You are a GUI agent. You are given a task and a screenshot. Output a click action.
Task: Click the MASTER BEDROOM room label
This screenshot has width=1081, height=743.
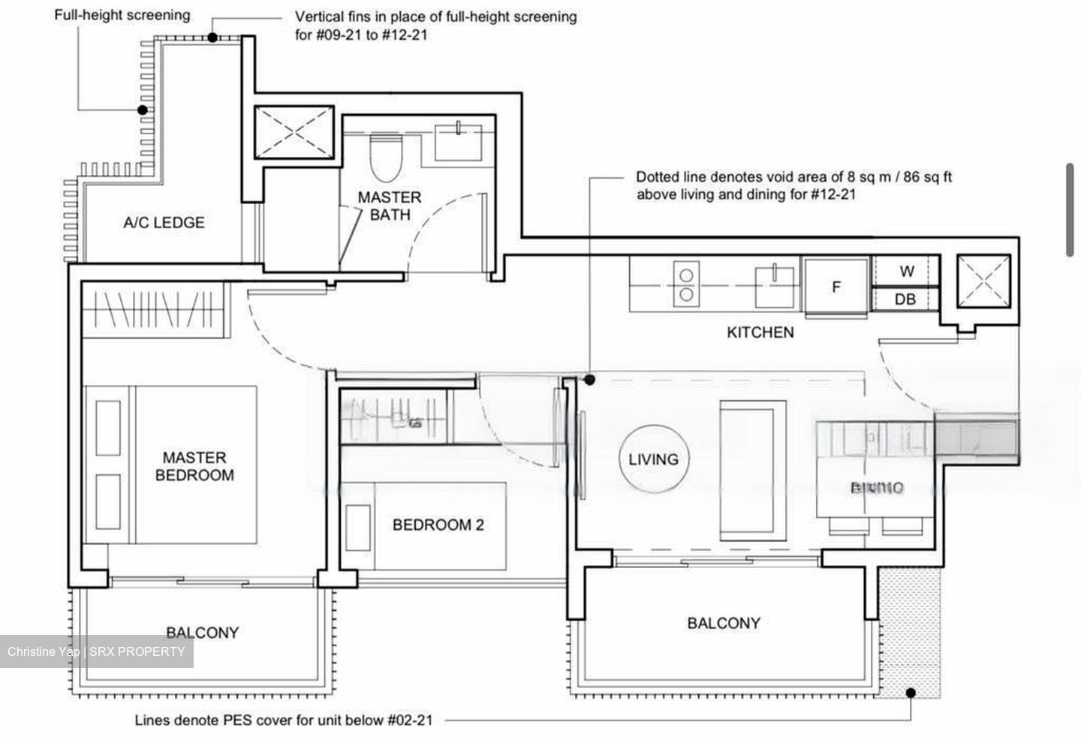pos(194,466)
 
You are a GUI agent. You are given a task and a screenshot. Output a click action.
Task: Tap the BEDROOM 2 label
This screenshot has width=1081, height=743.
pos(438,525)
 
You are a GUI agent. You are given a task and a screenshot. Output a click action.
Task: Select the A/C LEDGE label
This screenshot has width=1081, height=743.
pos(164,222)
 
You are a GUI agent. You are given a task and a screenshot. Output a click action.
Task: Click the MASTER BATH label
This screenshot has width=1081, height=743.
pos(389,206)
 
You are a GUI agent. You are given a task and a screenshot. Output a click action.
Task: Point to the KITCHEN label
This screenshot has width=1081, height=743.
pos(760,332)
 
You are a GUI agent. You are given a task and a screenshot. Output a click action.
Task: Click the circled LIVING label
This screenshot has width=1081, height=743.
pos(653,459)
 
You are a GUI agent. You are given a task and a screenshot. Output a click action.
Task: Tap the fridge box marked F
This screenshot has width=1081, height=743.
pos(836,286)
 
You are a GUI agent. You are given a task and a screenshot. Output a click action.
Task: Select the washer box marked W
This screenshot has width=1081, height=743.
pos(906,271)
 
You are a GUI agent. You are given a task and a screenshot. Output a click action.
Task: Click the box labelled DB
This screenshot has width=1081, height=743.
pos(905,299)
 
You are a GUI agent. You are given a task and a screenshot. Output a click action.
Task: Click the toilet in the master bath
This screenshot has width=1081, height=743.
pos(387,158)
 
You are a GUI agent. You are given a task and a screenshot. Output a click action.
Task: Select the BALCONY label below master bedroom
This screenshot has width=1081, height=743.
pos(202,633)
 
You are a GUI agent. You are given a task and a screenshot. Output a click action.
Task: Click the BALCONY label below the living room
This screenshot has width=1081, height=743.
pos(723,623)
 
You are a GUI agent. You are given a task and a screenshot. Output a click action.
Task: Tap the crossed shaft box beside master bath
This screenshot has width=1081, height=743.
pos(294,133)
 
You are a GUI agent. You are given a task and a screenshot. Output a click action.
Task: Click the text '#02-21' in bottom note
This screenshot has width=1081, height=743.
pos(410,720)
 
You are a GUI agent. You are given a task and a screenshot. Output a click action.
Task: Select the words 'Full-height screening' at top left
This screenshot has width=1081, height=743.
pos(122,15)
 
